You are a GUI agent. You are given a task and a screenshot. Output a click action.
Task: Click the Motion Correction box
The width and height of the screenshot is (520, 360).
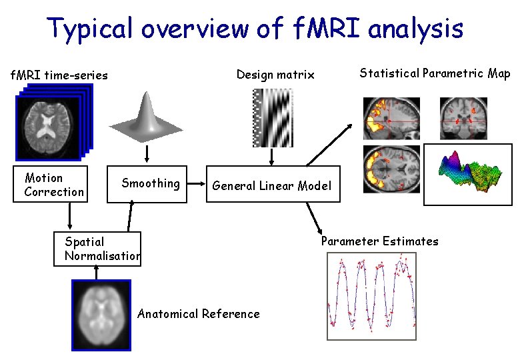(49, 184)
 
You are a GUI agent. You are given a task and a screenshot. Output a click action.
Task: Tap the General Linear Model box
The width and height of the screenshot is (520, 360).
(272, 185)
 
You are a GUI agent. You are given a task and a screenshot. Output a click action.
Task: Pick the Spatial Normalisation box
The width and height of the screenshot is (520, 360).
(97, 248)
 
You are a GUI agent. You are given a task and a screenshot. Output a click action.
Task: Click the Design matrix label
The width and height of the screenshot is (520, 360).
(275, 75)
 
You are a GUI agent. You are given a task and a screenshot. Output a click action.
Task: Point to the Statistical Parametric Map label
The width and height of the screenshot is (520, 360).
(435, 73)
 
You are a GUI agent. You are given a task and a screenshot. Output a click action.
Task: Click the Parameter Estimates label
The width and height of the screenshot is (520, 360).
(379, 241)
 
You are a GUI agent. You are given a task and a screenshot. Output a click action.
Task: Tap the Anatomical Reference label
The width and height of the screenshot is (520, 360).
(198, 314)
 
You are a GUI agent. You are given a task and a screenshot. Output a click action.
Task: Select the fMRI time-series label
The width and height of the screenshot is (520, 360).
(59, 75)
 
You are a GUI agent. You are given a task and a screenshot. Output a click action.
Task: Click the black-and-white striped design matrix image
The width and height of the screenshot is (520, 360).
(272, 117)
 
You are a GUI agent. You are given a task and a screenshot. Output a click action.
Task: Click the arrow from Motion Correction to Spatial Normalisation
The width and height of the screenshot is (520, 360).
(69, 215)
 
